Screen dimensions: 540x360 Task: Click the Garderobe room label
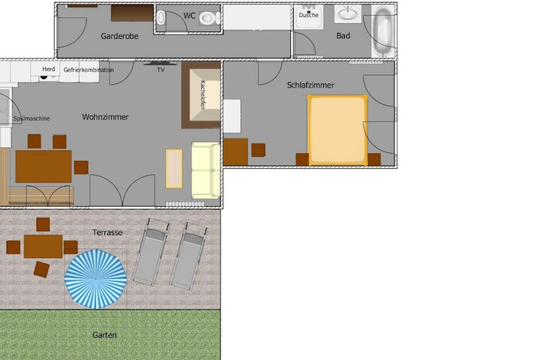(x=119, y=36)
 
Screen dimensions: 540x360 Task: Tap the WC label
(x=190, y=16)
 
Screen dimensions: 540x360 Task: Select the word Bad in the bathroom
(x=343, y=35)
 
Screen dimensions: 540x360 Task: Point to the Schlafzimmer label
(x=310, y=85)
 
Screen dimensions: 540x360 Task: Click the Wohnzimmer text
(x=105, y=117)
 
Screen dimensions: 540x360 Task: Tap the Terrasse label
(x=107, y=232)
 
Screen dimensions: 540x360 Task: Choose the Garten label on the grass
(x=104, y=334)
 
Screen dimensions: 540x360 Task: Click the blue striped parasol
(x=96, y=278)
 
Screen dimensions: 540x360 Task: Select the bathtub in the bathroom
(x=383, y=31)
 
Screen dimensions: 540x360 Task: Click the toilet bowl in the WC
(x=209, y=18)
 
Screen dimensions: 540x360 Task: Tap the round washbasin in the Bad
(x=348, y=13)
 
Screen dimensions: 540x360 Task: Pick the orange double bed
(x=337, y=130)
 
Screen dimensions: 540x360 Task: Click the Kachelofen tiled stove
(x=201, y=95)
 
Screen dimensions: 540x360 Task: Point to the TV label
(x=160, y=70)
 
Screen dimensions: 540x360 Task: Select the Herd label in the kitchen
(x=49, y=69)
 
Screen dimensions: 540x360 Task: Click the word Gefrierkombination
(x=88, y=70)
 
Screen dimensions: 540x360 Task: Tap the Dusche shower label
(x=308, y=15)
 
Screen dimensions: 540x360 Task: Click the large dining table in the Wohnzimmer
(x=43, y=166)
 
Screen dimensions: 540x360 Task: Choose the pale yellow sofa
(x=205, y=170)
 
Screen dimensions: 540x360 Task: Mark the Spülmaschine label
(x=31, y=118)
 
